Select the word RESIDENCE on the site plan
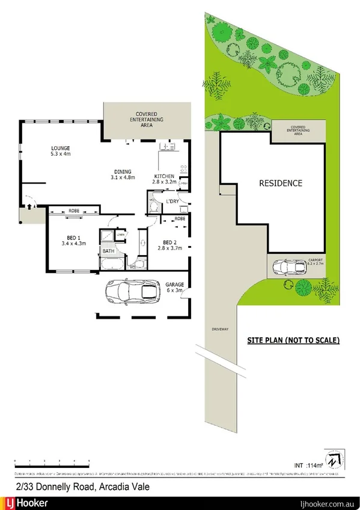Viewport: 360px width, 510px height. tap(281, 183)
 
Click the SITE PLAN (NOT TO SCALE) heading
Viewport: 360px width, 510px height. tap(293, 340)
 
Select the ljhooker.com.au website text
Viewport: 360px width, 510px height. tap(324, 503)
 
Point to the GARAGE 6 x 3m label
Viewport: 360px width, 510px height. tap(174, 286)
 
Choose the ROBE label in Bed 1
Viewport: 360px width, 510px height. tap(74, 211)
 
